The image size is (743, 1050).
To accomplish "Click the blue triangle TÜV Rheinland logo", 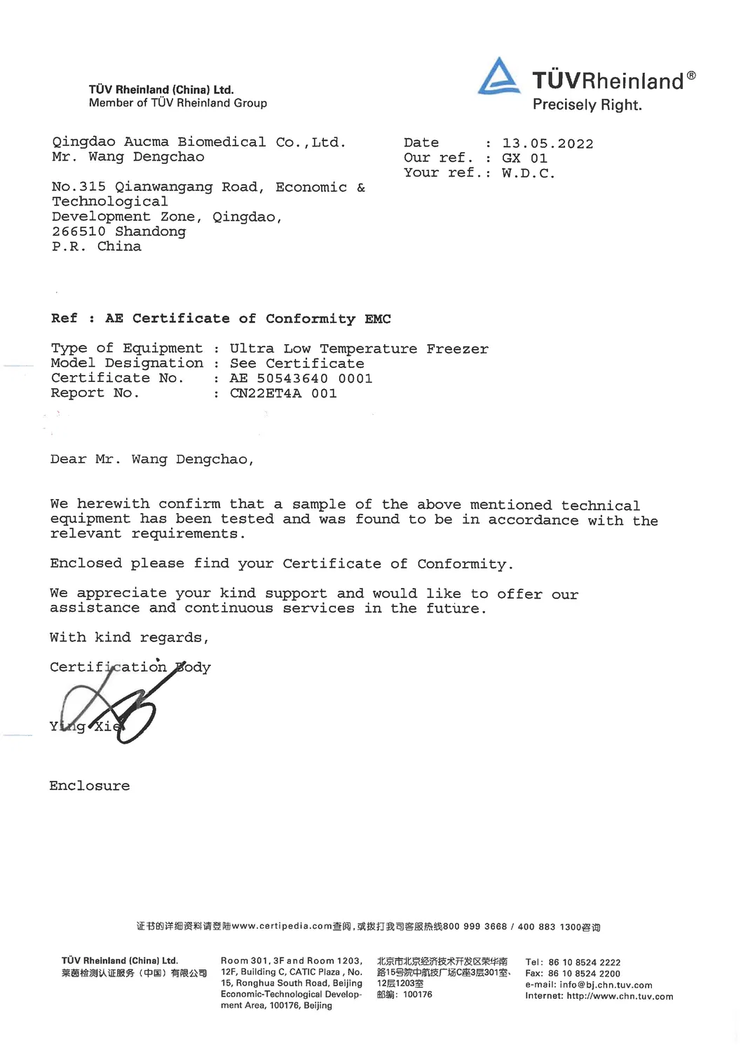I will (499, 76).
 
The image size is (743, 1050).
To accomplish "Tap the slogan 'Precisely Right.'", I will (587, 105).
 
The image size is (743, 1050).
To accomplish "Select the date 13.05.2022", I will (547, 144).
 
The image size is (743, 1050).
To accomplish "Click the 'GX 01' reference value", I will (524, 158).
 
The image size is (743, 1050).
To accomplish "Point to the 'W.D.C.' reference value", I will (528, 173).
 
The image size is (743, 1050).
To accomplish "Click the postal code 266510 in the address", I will (79, 231).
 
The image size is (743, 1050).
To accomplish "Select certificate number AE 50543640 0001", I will (301, 379).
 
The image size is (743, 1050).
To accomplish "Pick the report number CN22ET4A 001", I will (283, 393).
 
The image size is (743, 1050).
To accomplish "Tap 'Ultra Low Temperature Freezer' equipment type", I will (359, 349).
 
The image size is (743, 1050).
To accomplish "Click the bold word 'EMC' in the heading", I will (378, 319).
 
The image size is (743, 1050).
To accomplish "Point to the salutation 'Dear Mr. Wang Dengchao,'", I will (151, 460).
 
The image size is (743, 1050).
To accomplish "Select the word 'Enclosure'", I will (90, 786).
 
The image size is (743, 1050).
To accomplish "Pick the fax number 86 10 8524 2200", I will (584, 974).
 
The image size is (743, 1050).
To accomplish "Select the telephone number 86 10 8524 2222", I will (584, 962).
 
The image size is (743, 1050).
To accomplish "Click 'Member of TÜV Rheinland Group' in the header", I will (178, 103).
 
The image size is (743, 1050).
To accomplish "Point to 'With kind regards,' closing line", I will (129, 638).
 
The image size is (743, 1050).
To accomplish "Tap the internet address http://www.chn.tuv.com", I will (620, 996).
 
